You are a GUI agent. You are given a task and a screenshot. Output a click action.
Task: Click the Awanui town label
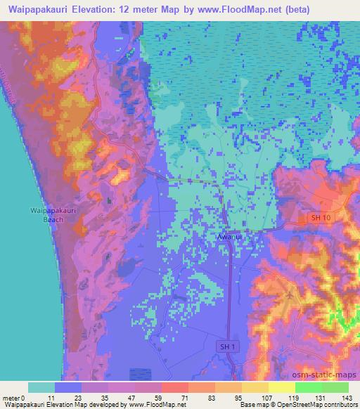tap(231, 238)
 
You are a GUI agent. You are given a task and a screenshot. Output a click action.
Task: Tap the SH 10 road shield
tap(321, 219)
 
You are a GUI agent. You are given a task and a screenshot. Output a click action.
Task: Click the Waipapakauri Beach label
tap(48, 214)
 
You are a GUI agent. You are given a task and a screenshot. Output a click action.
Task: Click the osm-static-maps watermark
tap(324, 373)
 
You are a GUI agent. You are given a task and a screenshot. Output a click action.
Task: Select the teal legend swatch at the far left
tap(41, 387)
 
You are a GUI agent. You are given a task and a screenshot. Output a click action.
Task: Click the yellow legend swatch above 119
tap(281, 387)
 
